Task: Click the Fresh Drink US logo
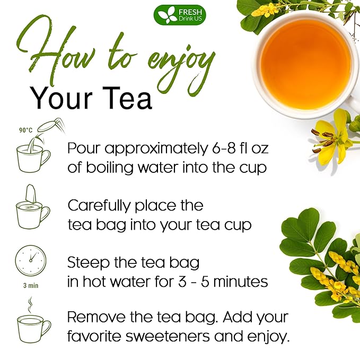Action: point(180,14)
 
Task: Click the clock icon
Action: point(31,260)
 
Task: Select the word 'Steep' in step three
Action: point(86,262)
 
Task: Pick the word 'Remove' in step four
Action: point(95,318)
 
